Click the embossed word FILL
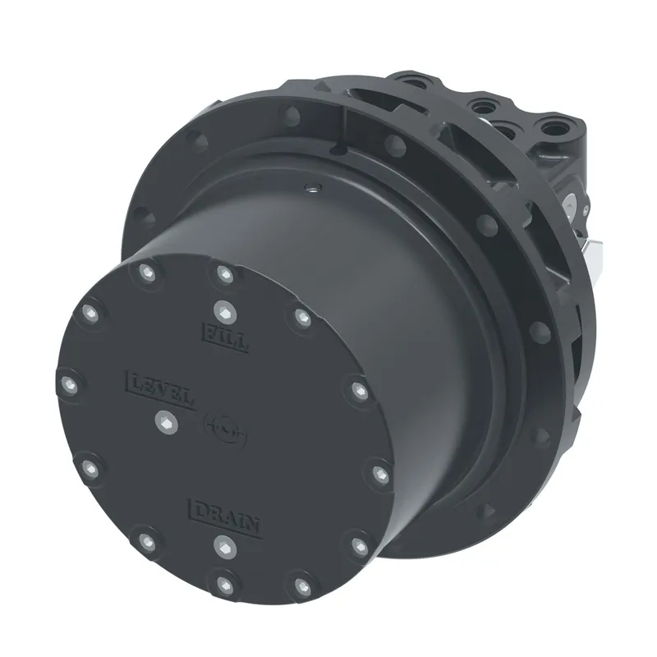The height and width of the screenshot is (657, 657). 226,337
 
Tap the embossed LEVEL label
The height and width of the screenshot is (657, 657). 160,389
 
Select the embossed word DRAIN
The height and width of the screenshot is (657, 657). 225,517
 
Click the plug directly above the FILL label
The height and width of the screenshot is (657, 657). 225,312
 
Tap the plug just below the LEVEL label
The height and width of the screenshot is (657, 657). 167,421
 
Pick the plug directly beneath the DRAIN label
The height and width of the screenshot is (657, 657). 225,547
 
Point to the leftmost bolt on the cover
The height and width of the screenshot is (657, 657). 69,384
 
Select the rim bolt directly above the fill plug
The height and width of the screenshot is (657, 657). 225,274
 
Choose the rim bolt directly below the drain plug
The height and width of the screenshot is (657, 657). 225,586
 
